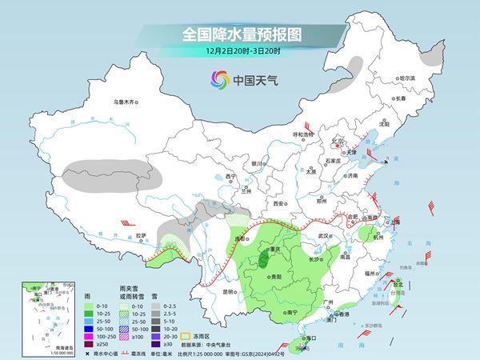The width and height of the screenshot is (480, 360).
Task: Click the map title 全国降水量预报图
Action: coord(239,34)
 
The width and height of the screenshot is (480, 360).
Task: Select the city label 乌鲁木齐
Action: coord(126,102)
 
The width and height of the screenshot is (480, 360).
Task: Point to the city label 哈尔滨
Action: coord(408,78)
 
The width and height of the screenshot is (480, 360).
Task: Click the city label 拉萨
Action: coord(142,235)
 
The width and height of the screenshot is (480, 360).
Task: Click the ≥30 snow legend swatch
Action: coord(170,344)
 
